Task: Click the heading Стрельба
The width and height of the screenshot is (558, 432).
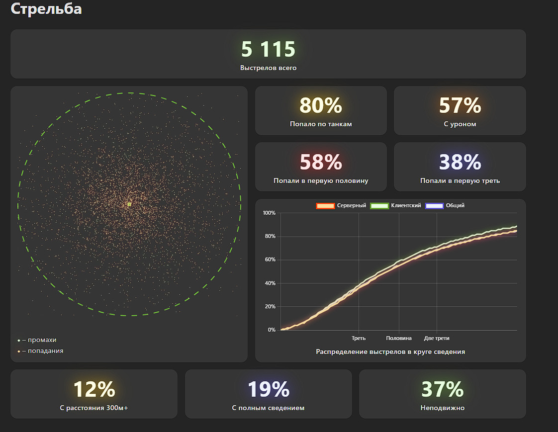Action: pos(46,9)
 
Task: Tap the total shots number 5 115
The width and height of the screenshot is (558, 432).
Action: pos(268,49)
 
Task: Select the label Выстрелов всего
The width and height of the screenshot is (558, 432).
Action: pos(268,68)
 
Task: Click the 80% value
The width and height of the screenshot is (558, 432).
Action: pos(321,105)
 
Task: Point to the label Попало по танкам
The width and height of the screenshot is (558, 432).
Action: pos(321,124)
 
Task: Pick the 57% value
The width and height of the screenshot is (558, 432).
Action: pos(460,105)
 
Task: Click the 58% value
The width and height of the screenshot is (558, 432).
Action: pos(321,162)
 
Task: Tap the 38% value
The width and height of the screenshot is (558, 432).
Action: pos(460,162)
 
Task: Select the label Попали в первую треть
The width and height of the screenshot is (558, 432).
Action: pos(460,180)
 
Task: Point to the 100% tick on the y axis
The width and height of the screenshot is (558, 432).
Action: pos(269,213)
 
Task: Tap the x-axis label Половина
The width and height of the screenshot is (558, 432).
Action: pos(399,338)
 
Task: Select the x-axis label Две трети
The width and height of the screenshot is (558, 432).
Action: pos(437,338)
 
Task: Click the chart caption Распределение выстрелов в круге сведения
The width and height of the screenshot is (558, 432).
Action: pos(390,351)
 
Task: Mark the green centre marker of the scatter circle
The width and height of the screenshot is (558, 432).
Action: pos(129,204)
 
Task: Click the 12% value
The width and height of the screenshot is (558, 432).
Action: pos(94,389)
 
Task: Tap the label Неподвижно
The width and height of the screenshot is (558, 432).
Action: pos(442,408)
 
